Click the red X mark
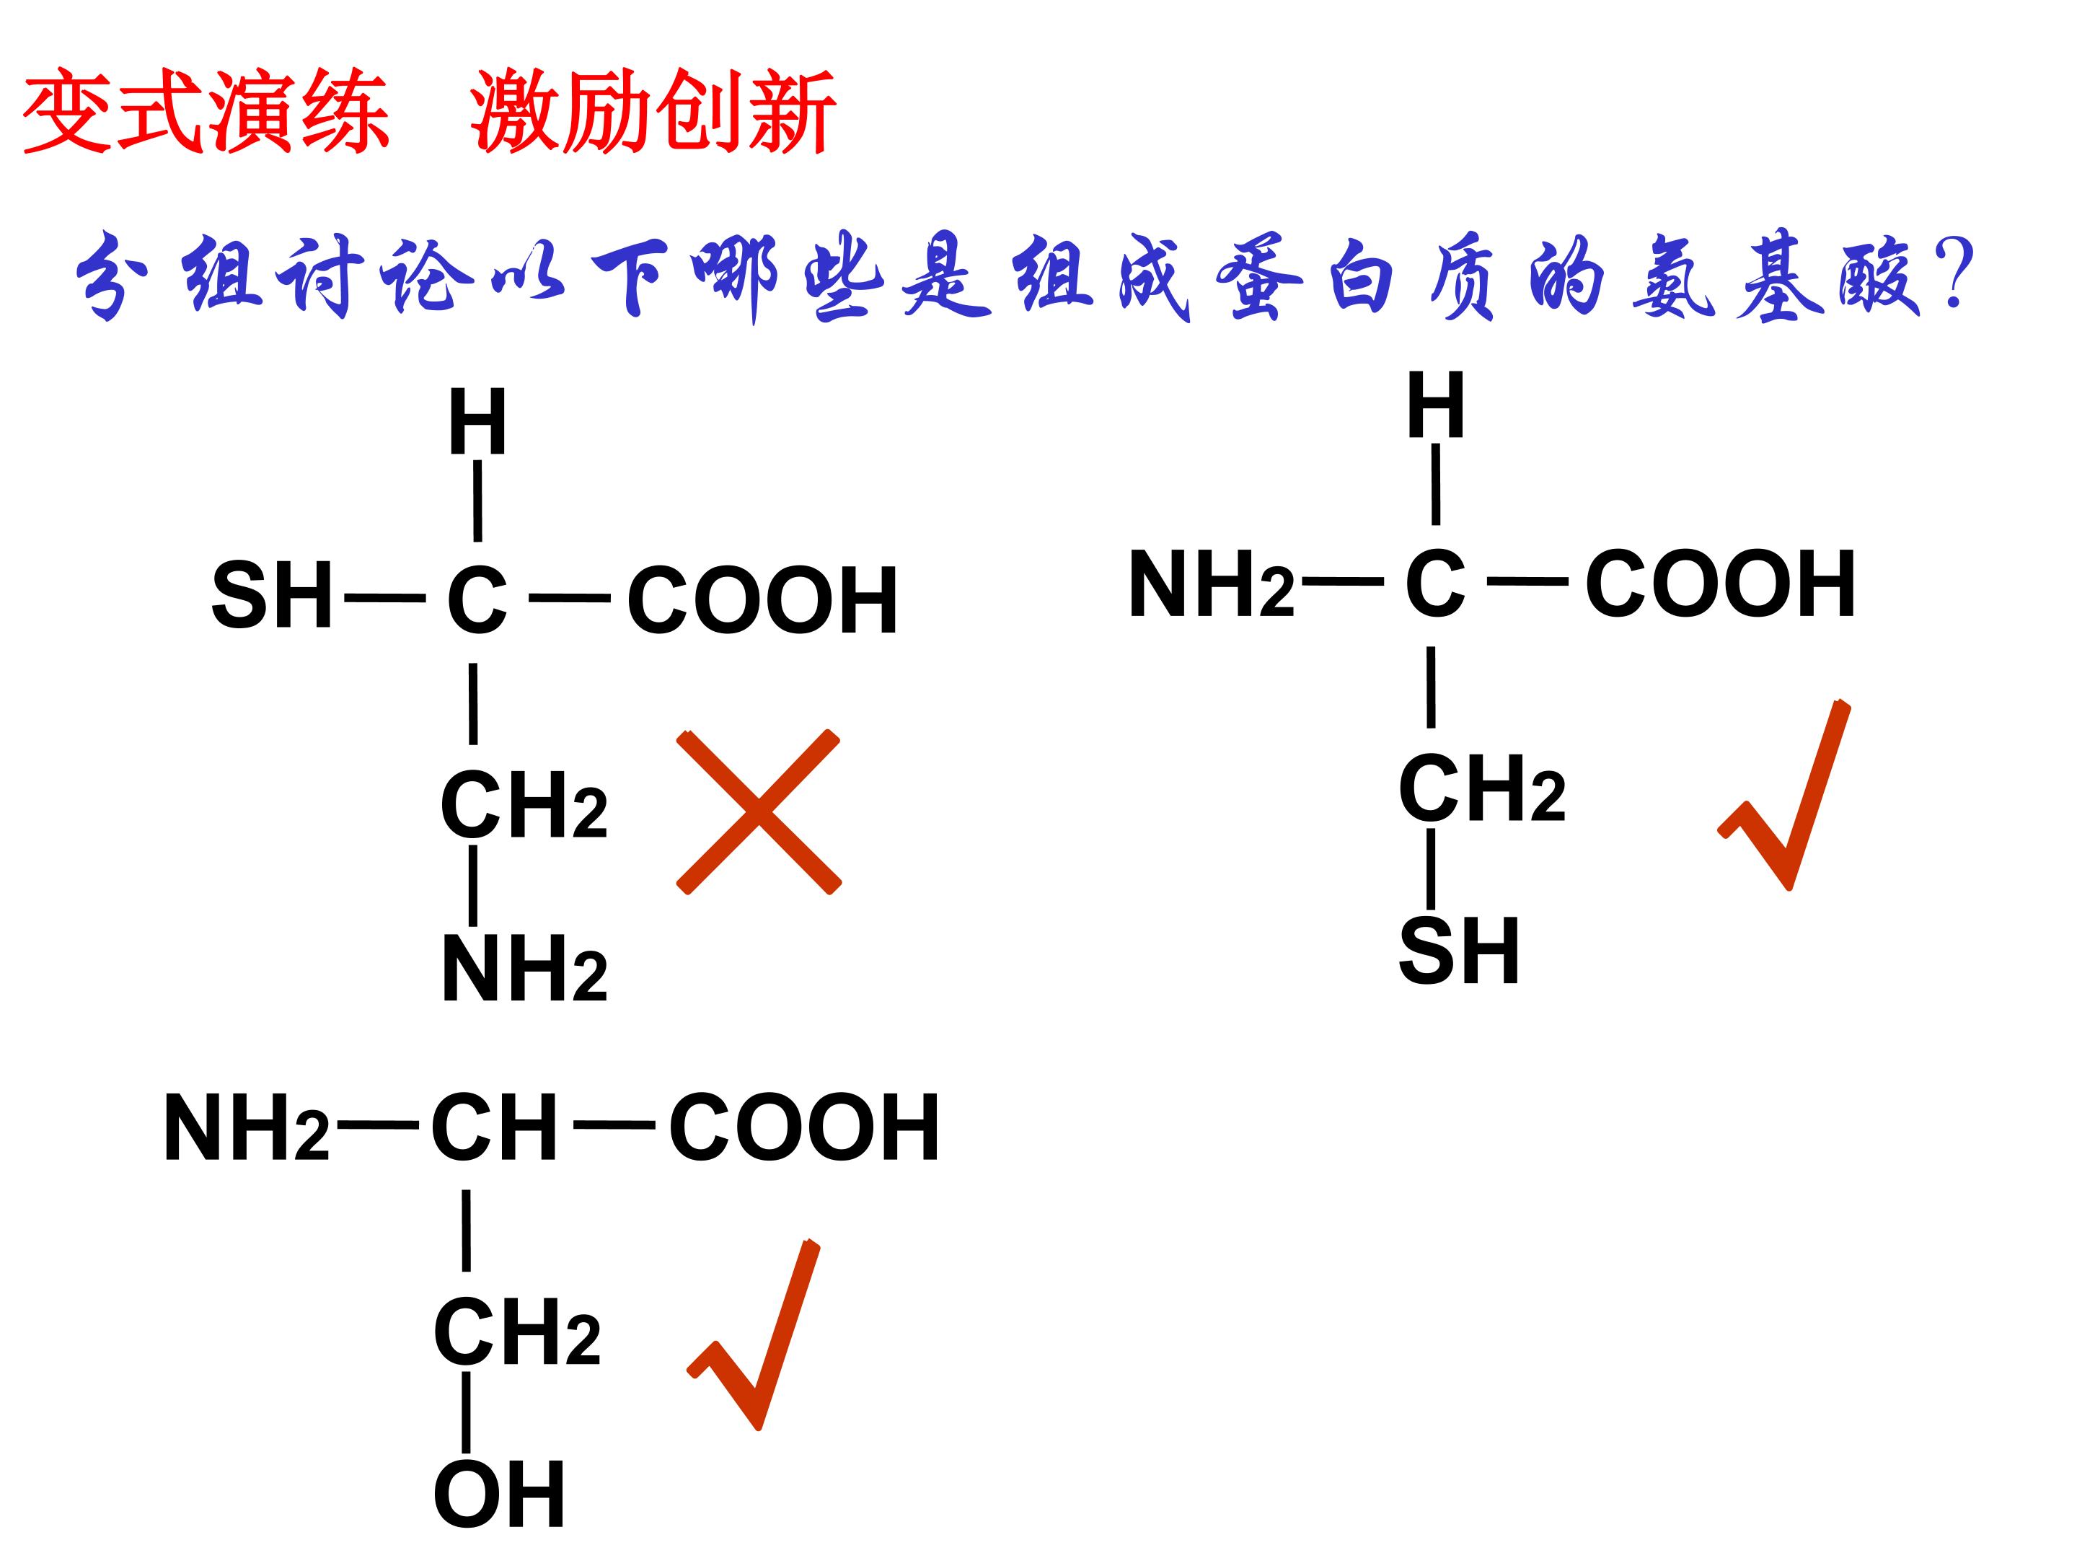(x=759, y=811)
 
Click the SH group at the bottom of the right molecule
(x=1458, y=951)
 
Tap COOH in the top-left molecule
(x=762, y=600)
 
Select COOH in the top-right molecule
(x=1720, y=584)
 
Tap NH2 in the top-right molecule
(x=1212, y=584)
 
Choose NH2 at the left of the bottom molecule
(x=247, y=1128)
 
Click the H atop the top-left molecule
(x=478, y=422)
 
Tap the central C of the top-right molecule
(x=1434, y=584)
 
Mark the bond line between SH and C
(x=385, y=597)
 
